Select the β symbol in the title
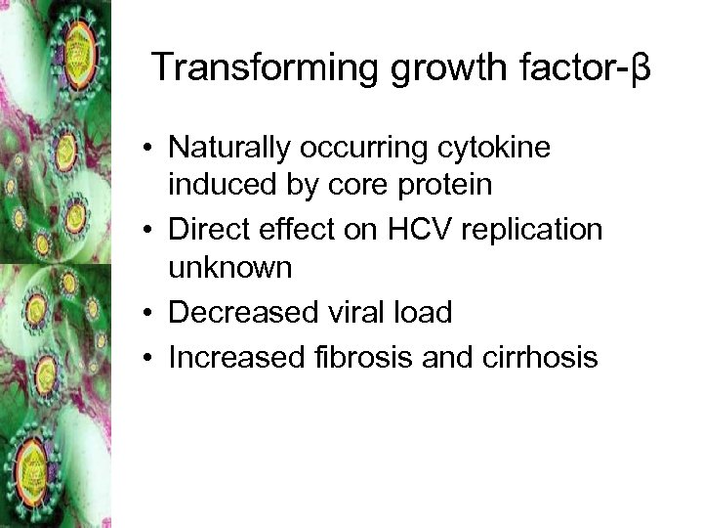pos(640,69)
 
